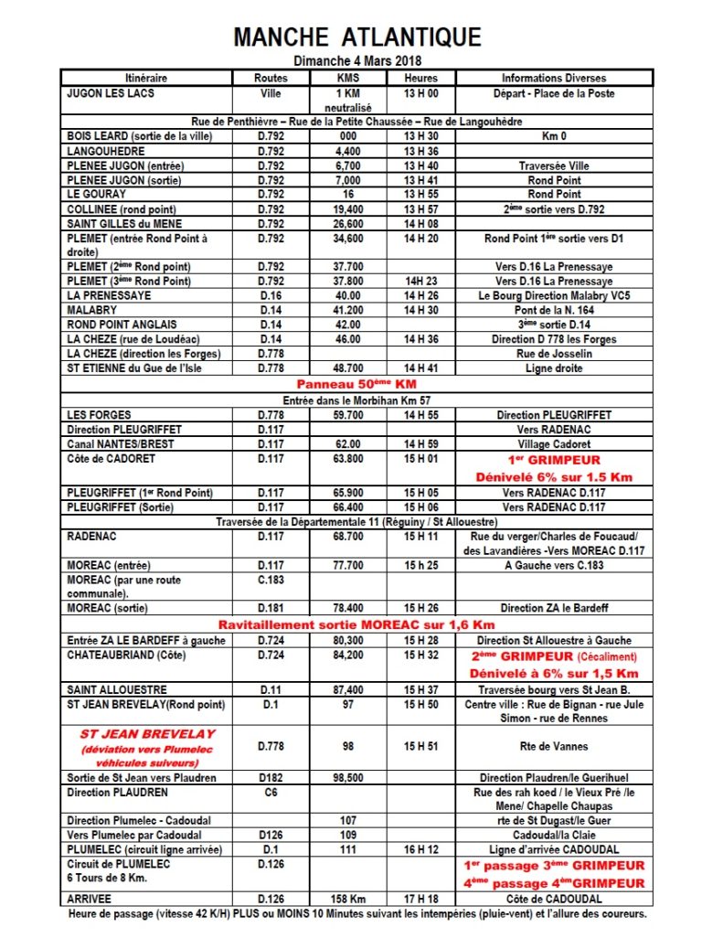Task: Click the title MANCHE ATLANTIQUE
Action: click(x=357, y=37)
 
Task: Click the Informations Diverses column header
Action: click(x=554, y=78)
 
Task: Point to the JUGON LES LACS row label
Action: click(x=111, y=93)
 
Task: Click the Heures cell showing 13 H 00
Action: click(x=420, y=93)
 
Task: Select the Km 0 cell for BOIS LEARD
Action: click(x=554, y=137)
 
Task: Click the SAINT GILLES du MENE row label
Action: click(x=124, y=224)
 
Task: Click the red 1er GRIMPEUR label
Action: click(x=553, y=460)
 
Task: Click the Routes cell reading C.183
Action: click(x=271, y=580)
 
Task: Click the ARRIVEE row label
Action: click(x=90, y=900)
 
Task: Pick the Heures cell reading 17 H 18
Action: click(x=420, y=900)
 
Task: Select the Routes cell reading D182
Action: click(x=271, y=778)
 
